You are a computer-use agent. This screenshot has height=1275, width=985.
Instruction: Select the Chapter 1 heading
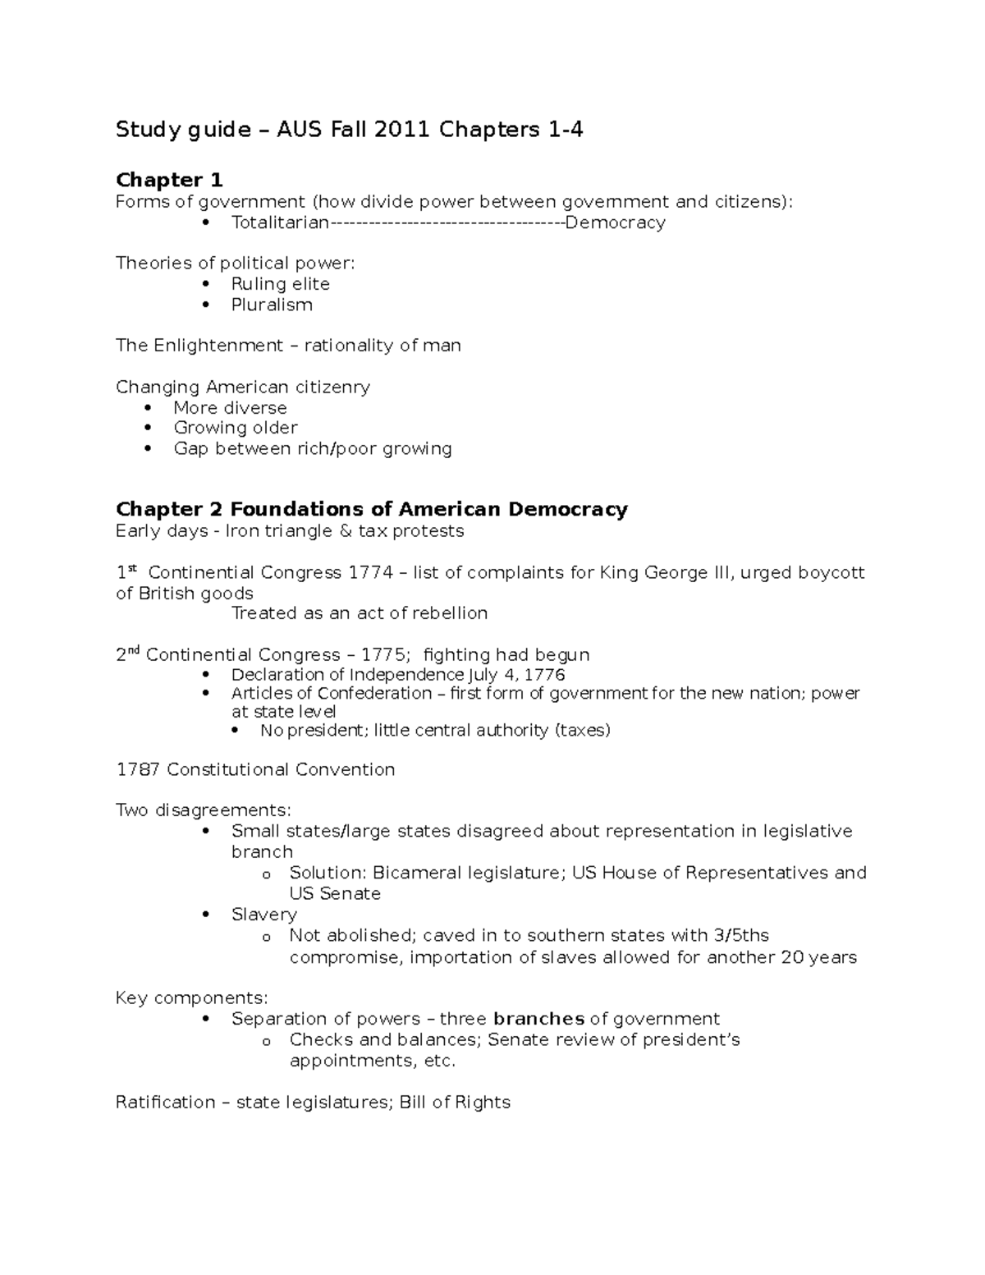(169, 180)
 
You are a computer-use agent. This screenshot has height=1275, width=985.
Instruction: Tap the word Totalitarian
(280, 222)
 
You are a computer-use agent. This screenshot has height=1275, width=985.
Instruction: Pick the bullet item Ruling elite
(280, 284)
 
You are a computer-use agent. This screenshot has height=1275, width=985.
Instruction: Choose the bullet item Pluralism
(272, 305)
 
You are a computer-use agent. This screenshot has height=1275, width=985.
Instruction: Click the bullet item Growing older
(235, 428)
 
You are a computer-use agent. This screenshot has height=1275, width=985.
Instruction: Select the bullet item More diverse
(230, 408)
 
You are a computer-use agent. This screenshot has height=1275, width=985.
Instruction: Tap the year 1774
(371, 572)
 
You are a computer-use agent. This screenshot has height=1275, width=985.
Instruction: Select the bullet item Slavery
(263, 915)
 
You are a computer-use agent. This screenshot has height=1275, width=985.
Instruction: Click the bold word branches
(538, 1019)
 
